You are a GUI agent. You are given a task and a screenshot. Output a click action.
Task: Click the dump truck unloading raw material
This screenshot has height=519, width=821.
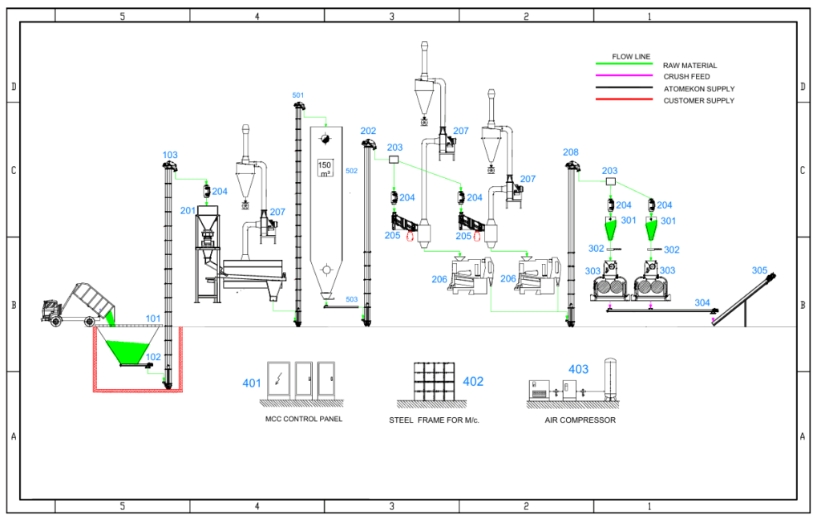click(80, 305)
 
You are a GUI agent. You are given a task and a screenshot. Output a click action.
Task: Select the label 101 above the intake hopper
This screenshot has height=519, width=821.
click(152, 318)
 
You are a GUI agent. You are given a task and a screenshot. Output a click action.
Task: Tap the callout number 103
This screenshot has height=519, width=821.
click(170, 156)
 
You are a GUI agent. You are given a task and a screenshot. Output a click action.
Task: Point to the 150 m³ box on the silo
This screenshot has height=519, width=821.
click(326, 168)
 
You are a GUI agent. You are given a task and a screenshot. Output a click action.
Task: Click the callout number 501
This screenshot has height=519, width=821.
click(298, 95)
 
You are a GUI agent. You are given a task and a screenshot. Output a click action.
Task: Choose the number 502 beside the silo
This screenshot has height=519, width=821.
click(351, 171)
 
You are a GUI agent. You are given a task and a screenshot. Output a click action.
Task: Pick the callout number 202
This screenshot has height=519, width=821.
click(368, 131)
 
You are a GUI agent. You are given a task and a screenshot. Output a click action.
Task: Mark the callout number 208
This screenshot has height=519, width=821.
click(571, 152)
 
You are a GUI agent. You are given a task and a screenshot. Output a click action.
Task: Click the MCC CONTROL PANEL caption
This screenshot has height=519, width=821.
click(304, 420)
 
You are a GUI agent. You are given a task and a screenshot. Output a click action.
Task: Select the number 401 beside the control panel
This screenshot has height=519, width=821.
click(252, 383)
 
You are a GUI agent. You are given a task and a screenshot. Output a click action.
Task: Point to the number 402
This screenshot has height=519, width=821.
click(473, 382)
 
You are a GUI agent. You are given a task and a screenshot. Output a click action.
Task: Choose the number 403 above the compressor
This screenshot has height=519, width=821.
click(578, 370)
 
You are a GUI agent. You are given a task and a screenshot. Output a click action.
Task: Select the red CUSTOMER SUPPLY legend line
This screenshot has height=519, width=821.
click(624, 100)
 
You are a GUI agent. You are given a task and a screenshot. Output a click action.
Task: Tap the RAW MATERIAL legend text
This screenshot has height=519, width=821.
click(690, 65)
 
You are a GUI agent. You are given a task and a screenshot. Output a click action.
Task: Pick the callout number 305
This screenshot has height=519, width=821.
click(759, 270)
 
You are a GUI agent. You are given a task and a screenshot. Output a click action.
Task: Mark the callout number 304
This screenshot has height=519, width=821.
click(702, 303)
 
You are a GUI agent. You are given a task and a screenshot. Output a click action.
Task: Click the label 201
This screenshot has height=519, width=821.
click(188, 210)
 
